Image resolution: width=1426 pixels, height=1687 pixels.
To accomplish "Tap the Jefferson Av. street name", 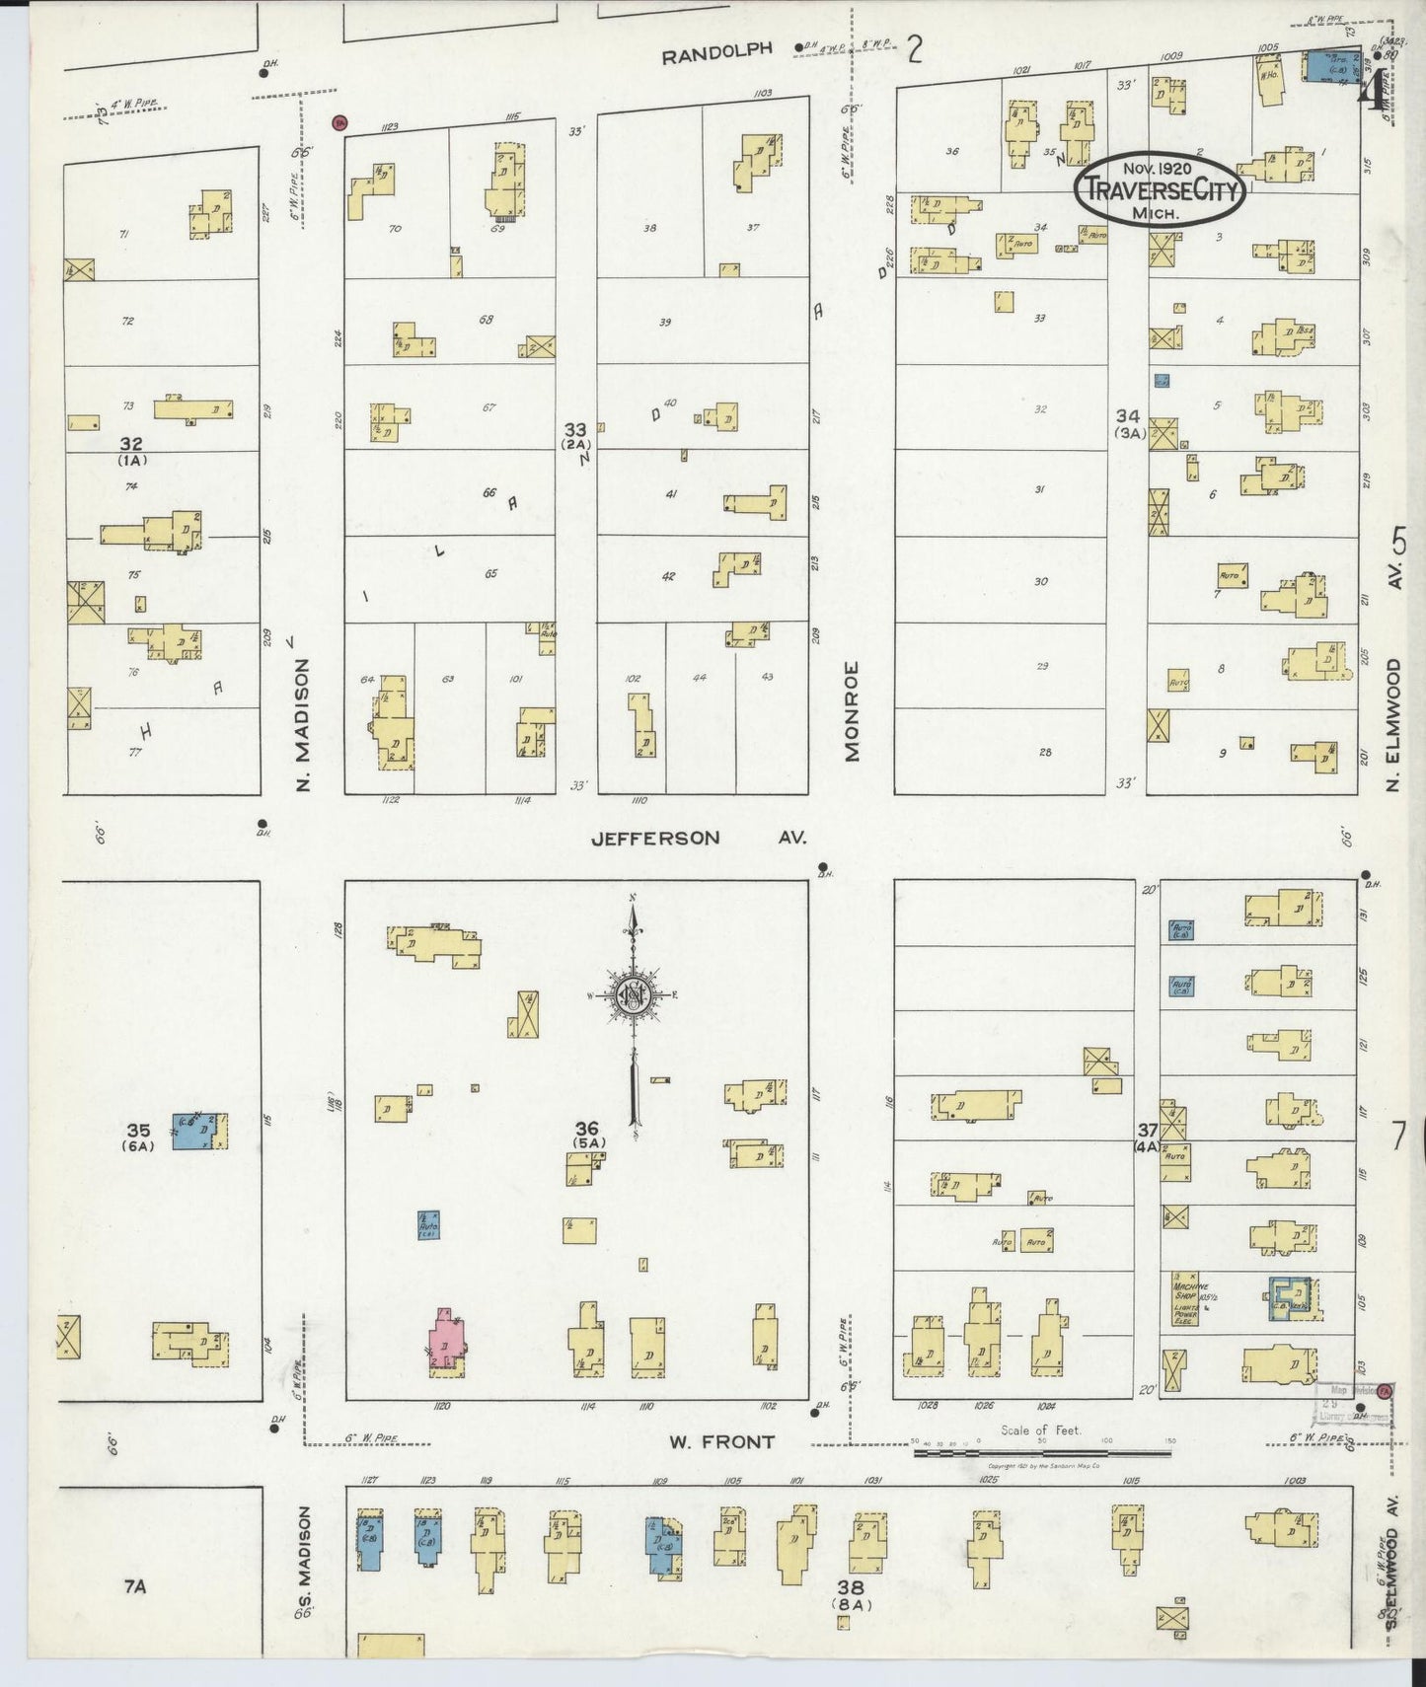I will pos(698,838).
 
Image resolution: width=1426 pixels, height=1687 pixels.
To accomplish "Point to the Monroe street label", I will pos(853,710).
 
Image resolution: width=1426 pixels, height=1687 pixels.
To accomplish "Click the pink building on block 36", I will pos(446,1343).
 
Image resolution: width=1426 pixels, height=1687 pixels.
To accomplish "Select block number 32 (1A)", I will pos(132,451).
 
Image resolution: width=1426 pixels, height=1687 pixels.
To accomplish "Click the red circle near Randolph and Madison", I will pos(338,122).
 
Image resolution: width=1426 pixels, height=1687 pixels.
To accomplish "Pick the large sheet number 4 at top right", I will pos(1370,94).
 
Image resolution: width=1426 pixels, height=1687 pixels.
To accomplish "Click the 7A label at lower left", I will pos(135,1586).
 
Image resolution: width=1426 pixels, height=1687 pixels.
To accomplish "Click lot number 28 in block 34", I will pos(1044,752).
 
